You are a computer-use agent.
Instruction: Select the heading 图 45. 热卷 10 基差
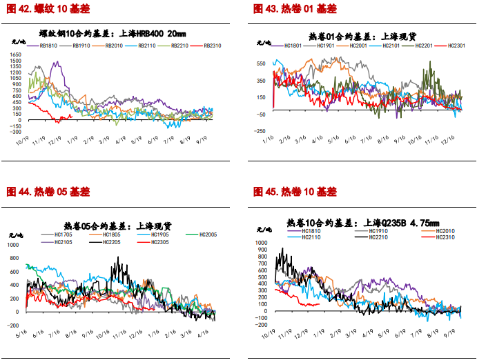coord(295,191)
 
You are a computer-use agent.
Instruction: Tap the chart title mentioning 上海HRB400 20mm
coord(113,33)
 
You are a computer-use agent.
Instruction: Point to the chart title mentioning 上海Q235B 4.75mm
coord(362,223)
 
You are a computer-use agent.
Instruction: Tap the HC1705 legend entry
coord(64,235)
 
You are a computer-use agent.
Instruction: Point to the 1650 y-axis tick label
coord(15,56)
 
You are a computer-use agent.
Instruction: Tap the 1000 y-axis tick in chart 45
coord(260,243)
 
